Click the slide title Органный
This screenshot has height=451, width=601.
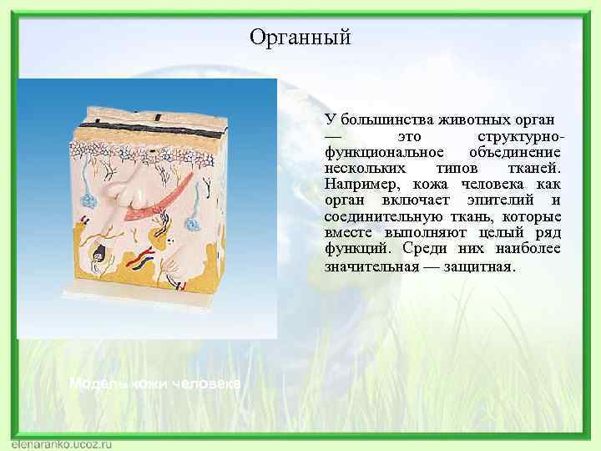point(300,38)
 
